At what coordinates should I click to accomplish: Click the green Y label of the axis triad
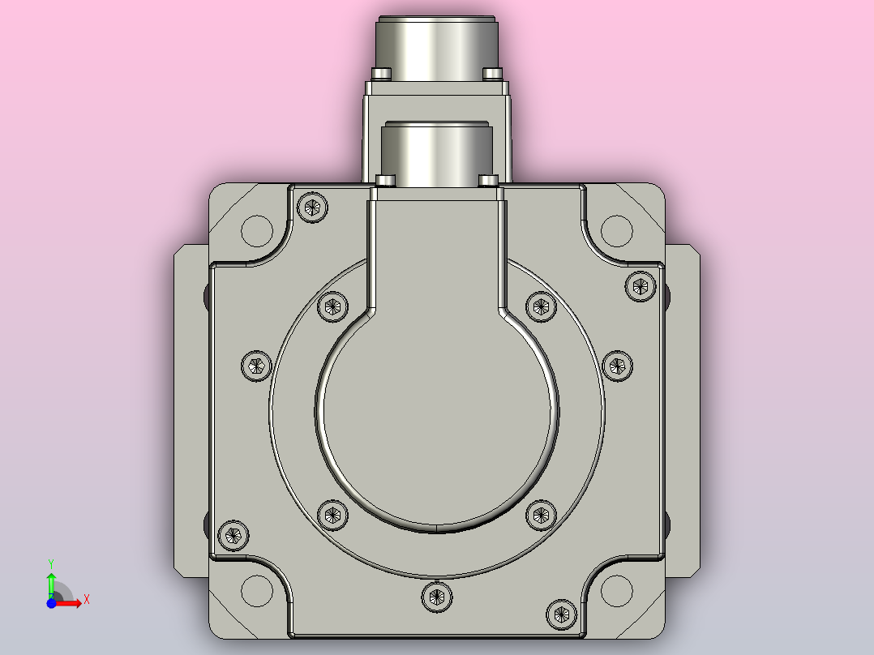[x=51, y=564]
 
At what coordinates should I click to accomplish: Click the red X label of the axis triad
[x=87, y=600]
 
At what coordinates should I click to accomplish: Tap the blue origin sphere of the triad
[x=51, y=603]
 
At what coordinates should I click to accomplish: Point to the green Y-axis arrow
[x=51, y=584]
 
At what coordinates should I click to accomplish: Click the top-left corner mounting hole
[x=257, y=230]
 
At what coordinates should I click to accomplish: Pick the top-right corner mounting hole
[x=617, y=230]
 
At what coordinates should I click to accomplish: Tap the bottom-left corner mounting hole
[x=257, y=591]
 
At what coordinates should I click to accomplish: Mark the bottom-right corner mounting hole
[x=617, y=591]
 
